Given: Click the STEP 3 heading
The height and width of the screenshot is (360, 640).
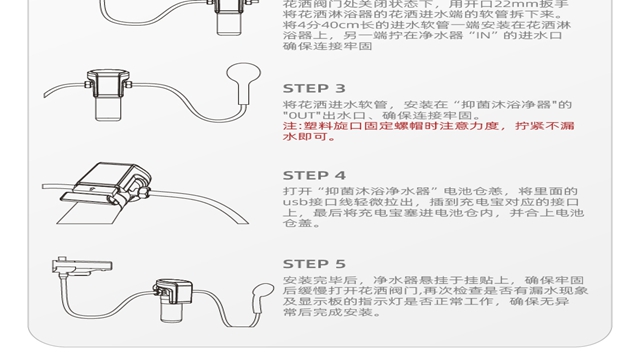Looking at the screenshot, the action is point(314,88).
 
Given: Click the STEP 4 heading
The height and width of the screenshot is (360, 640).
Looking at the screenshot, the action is point(314,175).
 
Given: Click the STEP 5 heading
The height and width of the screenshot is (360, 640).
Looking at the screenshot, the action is point(314,264).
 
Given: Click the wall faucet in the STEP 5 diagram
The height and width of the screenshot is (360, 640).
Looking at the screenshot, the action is point(82,266).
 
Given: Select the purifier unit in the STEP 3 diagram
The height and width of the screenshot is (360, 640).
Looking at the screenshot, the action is point(108,95).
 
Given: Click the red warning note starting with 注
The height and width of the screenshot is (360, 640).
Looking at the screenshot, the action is point(429,131).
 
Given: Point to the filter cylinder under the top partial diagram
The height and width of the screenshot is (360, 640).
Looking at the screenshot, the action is point(229,24).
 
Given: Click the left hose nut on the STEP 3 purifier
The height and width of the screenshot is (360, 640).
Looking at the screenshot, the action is point(87,84).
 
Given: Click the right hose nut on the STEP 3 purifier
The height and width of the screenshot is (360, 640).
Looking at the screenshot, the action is point(129,84).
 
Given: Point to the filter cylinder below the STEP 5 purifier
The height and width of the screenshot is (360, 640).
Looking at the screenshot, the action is point(173,313).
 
